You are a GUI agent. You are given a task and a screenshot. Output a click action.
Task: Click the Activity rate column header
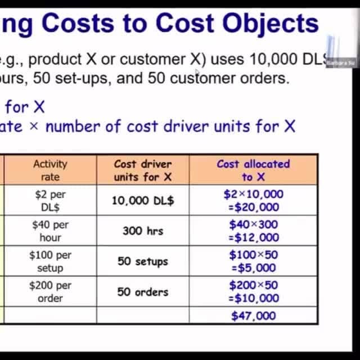(50, 170)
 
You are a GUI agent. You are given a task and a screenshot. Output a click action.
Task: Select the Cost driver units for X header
(143, 170)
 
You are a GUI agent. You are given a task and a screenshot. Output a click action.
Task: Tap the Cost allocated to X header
(253, 170)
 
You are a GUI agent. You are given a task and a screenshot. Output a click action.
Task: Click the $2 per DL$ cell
(50, 200)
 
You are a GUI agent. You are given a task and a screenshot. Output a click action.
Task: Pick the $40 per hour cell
(50, 231)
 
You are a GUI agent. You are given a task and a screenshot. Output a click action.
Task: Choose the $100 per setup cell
(50, 261)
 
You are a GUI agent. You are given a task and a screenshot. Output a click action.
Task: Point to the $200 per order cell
(50, 291)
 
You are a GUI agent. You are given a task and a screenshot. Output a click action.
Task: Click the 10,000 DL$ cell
(143, 200)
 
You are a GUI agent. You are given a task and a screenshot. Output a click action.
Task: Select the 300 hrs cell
(143, 231)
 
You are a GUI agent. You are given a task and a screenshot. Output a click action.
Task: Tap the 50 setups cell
(143, 261)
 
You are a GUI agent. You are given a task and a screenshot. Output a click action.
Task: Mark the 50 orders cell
(143, 291)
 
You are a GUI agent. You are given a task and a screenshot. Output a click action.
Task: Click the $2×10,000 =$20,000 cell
(253, 200)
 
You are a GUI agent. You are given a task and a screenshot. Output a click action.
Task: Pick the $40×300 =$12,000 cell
(253, 231)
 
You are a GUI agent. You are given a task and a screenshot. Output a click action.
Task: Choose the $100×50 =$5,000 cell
(253, 261)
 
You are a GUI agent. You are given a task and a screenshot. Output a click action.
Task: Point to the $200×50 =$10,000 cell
(253, 291)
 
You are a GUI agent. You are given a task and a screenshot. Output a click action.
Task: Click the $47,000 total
(253, 316)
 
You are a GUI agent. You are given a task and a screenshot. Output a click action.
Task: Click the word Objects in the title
(263, 22)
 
